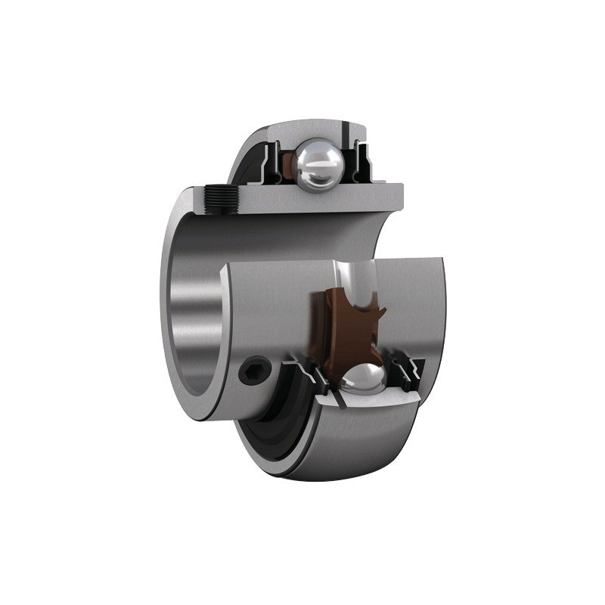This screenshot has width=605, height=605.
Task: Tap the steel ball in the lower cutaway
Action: pos(363,381)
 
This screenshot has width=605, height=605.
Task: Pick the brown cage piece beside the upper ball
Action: pos(288,163)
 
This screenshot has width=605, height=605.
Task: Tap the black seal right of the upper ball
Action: pos(362,160)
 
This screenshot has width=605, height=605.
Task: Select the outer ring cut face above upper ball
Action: pos(318,129)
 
